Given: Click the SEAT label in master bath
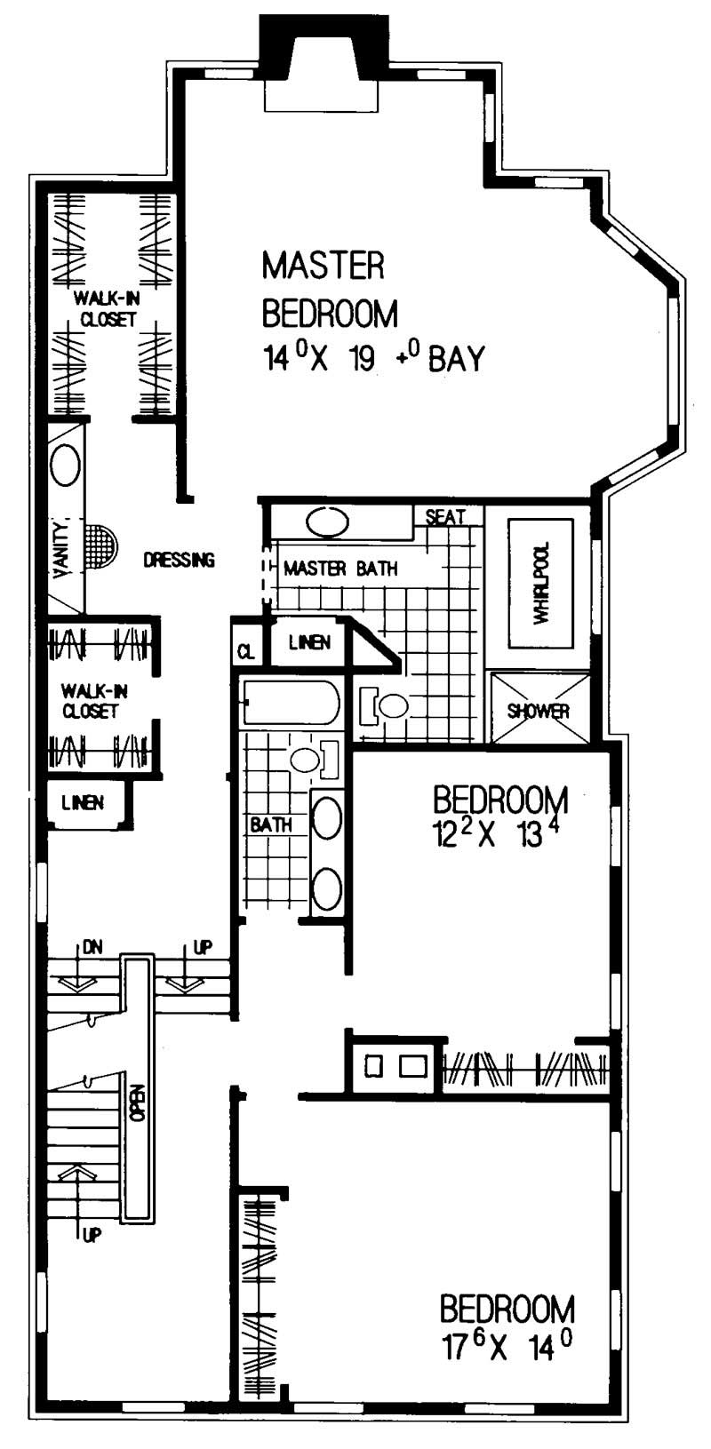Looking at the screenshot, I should click(x=445, y=516).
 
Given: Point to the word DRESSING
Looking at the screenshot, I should click(x=179, y=560).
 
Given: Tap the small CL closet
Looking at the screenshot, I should click(x=245, y=651).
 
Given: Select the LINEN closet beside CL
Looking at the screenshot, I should click(x=309, y=641).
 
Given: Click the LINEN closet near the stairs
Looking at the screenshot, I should click(x=83, y=802).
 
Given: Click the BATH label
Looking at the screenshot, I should click(x=270, y=824).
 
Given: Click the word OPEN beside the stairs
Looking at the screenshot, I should click(x=136, y=1102).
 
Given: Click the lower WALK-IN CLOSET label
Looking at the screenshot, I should click(x=90, y=700).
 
